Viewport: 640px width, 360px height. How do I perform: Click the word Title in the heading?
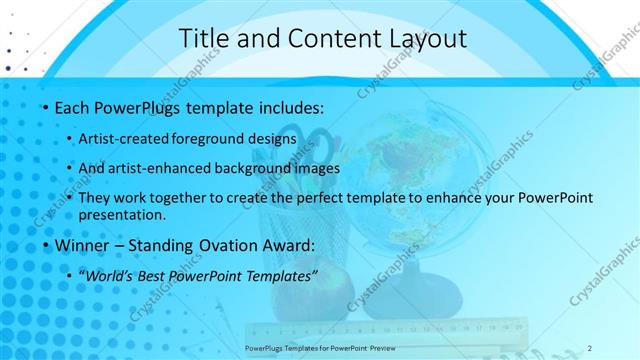tap(203, 39)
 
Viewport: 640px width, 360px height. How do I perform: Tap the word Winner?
tap(83, 245)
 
